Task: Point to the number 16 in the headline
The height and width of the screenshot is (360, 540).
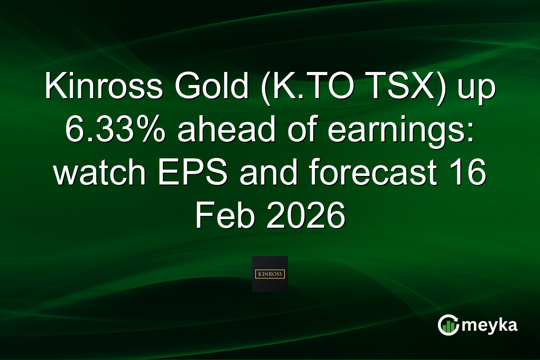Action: (x=468, y=174)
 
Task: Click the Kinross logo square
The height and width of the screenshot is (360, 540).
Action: (x=270, y=274)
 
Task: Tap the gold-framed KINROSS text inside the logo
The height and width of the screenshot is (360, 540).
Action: (x=270, y=274)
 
